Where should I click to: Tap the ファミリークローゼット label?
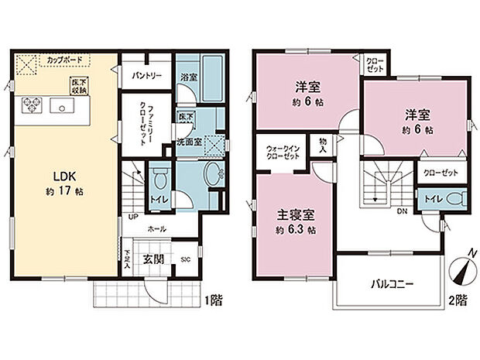click(x=143, y=125)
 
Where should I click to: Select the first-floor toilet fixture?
click(x=158, y=179)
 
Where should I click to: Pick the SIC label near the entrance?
click(x=186, y=259)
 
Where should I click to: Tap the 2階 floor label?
click(x=457, y=298)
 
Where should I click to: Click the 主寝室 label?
click(x=297, y=216)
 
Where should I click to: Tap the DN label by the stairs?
click(x=402, y=209)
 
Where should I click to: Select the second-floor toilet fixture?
click(x=456, y=199)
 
